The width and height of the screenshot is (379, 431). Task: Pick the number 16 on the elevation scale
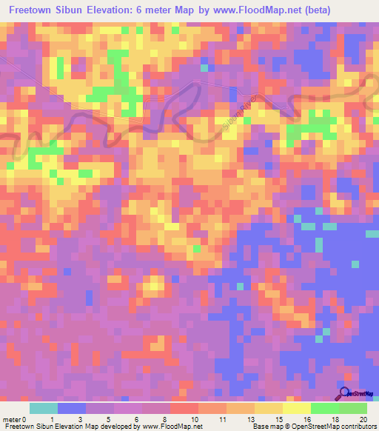point(307,419)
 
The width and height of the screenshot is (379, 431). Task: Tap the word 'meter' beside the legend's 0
point(12,419)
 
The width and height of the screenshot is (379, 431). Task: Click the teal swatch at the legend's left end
point(44,408)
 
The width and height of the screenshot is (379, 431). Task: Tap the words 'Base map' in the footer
point(268,427)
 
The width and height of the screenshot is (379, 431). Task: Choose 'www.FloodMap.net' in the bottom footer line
point(172,427)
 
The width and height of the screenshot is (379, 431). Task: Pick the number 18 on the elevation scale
point(334,419)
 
